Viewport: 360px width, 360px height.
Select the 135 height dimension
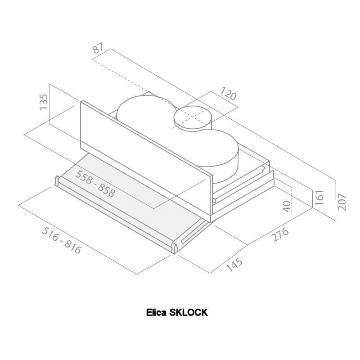(43, 102)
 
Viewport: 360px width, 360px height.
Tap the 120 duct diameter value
(228, 93)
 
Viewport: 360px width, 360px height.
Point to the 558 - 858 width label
(95, 184)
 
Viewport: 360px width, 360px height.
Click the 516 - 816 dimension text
(62, 240)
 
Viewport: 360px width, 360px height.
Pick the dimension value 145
(234, 264)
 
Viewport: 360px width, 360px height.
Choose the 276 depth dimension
(280, 234)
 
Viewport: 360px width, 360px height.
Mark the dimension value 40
(287, 206)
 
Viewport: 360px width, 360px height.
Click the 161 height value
(319, 197)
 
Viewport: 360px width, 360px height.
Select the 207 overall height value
(342, 202)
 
